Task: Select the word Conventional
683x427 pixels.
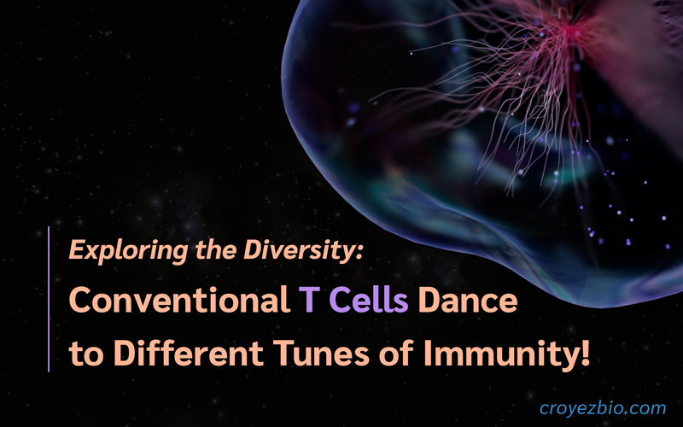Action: pyautogui.click(x=179, y=300)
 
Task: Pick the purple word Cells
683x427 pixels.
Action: pyautogui.click(x=369, y=300)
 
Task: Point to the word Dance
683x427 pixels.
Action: pyautogui.click(x=467, y=300)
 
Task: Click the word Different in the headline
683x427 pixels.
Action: pyautogui.click(x=188, y=352)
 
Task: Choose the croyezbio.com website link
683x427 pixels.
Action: pyautogui.click(x=603, y=408)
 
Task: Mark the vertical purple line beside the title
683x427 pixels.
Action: pyautogui.click(x=49, y=299)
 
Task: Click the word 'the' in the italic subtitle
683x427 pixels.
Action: pyautogui.click(x=216, y=250)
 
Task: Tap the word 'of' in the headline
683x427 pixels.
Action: pyautogui.click(x=397, y=352)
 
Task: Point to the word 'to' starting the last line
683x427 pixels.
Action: pyautogui.click(x=86, y=354)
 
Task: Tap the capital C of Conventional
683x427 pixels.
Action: pyautogui.click(x=80, y=300)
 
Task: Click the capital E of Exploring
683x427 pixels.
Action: pyautogui.click(x=78, y=250)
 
